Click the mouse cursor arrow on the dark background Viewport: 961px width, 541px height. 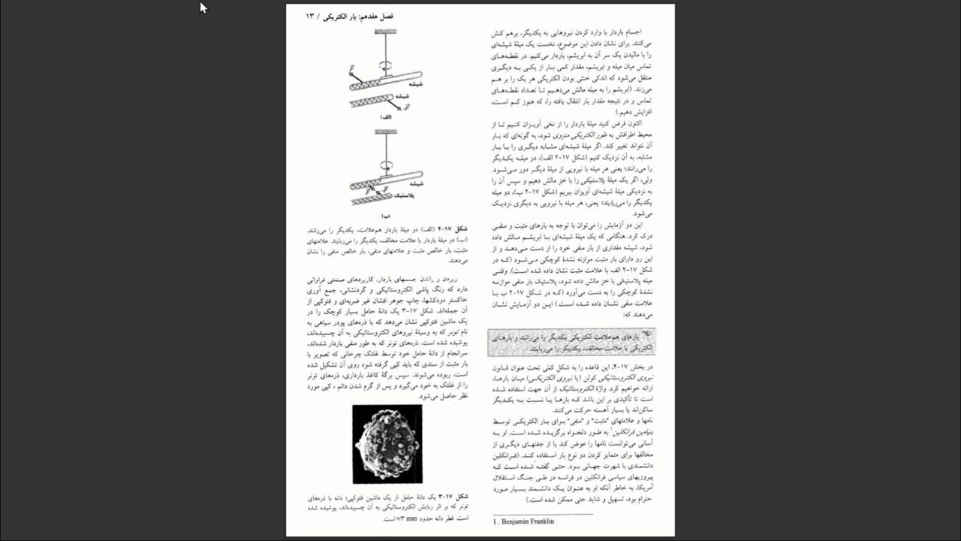(x=203, y=8)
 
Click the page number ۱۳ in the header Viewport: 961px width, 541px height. (x=310, y=16)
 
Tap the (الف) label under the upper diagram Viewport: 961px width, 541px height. (x=385, y=117)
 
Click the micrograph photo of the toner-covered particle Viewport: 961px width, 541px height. (x=387, y=443)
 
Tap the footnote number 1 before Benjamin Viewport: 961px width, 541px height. (x=495, y=521)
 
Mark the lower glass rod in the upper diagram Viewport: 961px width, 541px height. (x=372, y=100)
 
